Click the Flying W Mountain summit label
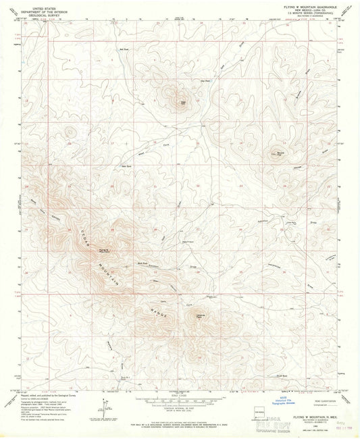click(103, 251)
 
